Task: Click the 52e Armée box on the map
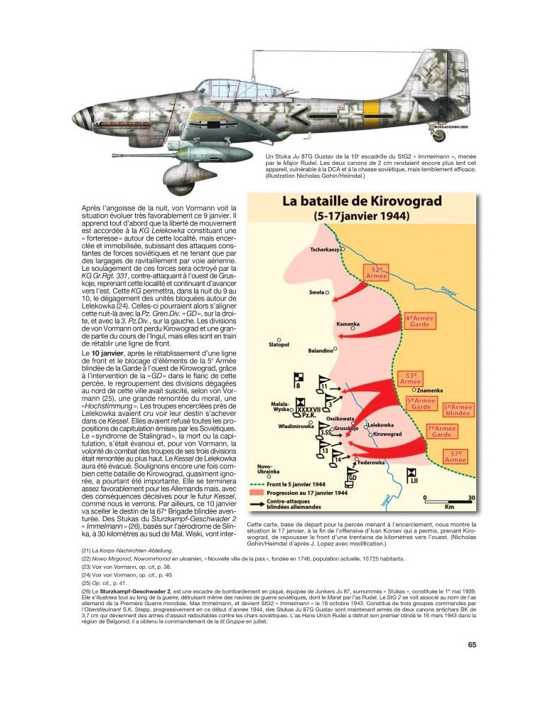[x=380, y=274]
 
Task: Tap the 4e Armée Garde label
[x=420, y=321]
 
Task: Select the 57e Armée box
[x=454, y=456]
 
